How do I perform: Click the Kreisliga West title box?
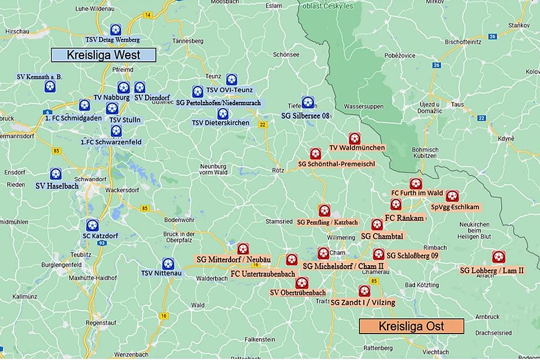[103, 55]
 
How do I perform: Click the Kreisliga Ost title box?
[411, 326]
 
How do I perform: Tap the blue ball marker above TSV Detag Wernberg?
[115, 29]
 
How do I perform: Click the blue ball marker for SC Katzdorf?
[92, 224]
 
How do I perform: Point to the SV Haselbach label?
[57, 186]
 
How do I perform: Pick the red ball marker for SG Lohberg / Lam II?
[498, 257]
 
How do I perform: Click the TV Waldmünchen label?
[357, 148]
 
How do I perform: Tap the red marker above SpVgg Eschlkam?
[452, 196]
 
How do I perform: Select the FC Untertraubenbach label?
[263, 273]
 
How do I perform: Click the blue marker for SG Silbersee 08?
[308, 102]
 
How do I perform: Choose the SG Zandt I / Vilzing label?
[362, 303]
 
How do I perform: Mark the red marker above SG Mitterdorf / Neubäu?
[243, 249]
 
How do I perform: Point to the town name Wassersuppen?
[363, 106]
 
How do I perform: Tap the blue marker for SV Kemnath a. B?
[50, 87]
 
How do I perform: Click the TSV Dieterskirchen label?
[220, 123]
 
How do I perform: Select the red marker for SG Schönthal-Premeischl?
[315, 154]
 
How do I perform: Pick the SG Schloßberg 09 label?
[412, 255]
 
